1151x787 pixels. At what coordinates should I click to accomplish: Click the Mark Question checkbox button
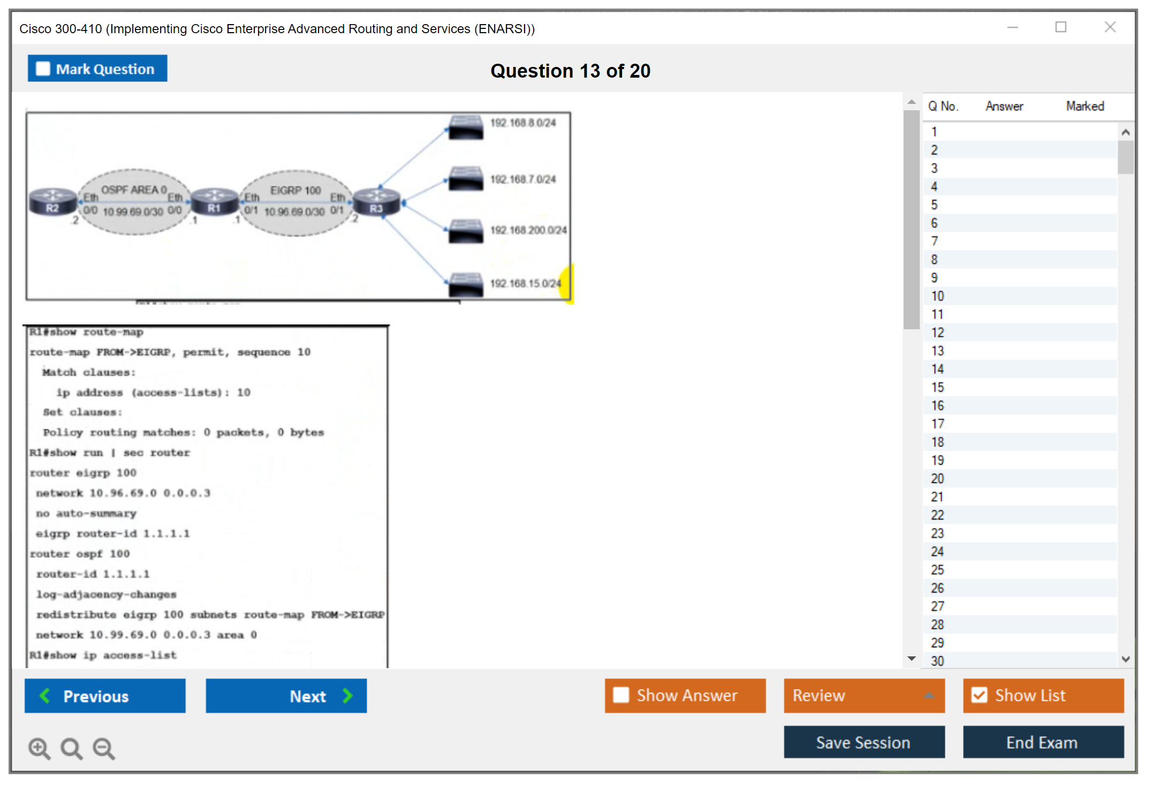click(x=97, y=69)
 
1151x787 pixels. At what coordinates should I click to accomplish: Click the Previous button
click(x=105, y=695)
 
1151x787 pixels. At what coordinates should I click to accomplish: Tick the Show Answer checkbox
click(x=621, y=695)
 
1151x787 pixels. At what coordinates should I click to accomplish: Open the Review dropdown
click(x=864, y=695)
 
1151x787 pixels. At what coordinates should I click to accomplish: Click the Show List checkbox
click(x=979, y=695)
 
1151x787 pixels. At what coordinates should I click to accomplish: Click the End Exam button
click(x=1042, y=742)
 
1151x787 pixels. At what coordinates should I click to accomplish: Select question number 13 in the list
click(x=937, y=351)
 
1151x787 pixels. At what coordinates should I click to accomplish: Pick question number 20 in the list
click(x=937, y=479)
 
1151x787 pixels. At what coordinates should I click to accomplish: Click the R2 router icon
click(x=52, y=202)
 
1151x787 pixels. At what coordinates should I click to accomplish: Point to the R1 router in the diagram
click(x=214, y=202)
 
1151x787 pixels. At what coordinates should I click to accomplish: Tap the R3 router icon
click(x=376, y=202)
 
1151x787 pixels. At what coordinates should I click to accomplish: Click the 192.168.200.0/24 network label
click(x=528, y=230)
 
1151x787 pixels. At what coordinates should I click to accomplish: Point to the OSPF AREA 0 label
click(x=134, y=190)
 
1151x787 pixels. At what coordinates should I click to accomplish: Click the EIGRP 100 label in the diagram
click(x=295, y=191)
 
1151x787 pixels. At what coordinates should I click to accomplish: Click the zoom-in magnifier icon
click(x=39, y=748)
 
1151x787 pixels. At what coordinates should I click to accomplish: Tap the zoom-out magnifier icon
click(x=104, y=748)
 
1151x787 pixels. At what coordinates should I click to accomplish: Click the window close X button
click(x=1110, y=27)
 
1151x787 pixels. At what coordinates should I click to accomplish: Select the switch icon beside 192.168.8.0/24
click(x=466, y=127)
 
